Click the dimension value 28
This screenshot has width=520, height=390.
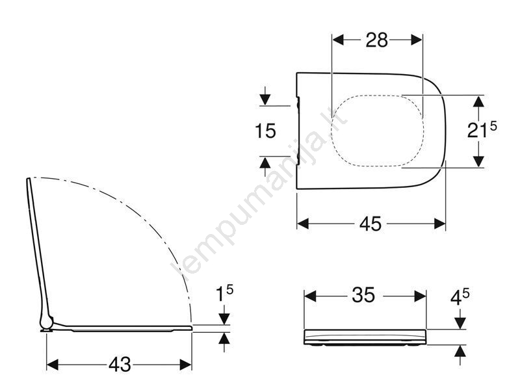[377, 40]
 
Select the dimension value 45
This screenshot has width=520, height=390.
[370, 224]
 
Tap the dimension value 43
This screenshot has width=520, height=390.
[120, 365]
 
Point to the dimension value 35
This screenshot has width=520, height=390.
[363, 295]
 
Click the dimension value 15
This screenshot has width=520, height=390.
[265, 131]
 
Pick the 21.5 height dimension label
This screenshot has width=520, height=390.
[482, 129]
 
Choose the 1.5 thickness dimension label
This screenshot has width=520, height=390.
[224, 294]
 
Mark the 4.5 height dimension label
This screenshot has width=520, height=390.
[460, 297]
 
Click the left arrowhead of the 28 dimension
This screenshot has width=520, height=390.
[338, 40]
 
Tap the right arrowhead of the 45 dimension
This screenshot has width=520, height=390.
[440, 224]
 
